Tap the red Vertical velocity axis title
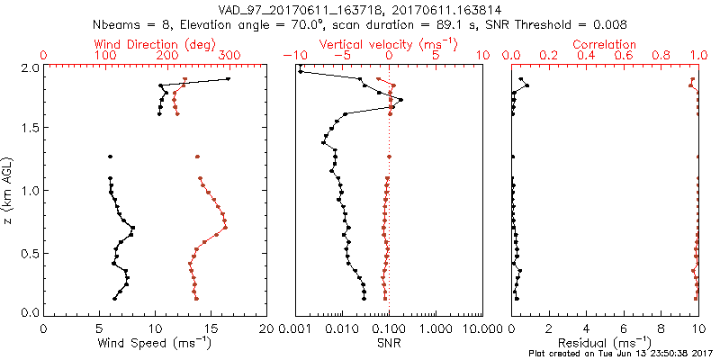coord(388,44)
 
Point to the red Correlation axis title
coord(605,44)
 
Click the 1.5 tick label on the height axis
coord(29,129)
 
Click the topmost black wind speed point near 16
coord(229,79)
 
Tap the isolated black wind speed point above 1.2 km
coord(111,157)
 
